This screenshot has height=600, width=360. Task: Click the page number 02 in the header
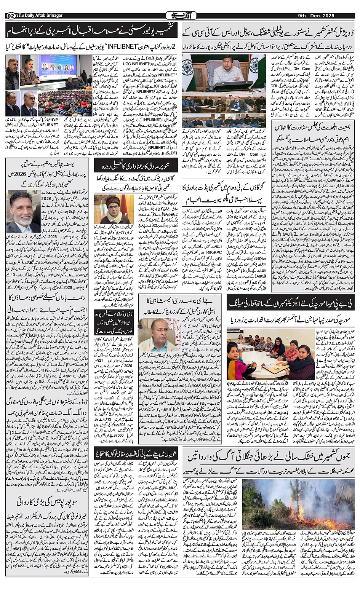click(10, 16)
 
